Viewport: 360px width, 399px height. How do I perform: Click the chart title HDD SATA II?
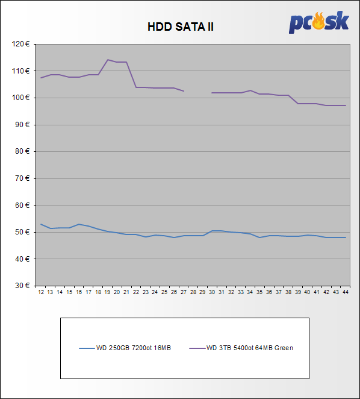(181, 27)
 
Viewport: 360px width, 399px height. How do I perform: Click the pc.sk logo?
(319, 22)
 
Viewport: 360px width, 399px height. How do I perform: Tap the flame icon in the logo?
(318, 21)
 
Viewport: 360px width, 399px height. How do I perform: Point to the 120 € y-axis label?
(21, 44)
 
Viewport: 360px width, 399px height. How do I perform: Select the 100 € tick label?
(21, 98)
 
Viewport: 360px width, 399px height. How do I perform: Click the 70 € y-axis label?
(22, 178)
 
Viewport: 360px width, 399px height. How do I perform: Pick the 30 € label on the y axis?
(22, 286)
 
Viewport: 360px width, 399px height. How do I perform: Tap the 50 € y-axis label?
(22, 232)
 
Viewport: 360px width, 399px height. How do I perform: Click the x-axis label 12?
(41, 292)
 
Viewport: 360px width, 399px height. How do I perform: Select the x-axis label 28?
(193, 292)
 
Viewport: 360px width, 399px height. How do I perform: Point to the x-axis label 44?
(346, 292)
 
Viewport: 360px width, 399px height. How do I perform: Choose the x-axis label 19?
(108, 292)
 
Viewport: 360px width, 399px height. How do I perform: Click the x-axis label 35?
(260, 292)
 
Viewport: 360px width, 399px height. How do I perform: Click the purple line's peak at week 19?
(108, 60)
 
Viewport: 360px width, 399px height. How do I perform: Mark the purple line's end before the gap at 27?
(184, 91)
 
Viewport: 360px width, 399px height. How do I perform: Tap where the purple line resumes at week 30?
(212, 93)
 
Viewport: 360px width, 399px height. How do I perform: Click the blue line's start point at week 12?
(41, 224)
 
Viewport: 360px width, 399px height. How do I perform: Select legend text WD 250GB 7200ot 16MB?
(134, 348)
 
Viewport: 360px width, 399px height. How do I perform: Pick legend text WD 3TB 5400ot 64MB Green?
(250, 348)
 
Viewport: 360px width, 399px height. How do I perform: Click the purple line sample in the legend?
(197, 348)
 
